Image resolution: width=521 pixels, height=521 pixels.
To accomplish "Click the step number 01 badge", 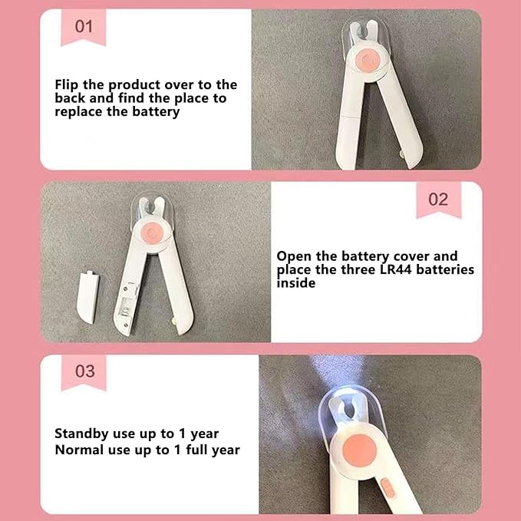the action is [x=84, y=27].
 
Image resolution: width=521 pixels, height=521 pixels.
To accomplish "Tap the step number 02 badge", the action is [x=439, y=199].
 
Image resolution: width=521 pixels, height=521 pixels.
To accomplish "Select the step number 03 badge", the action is [x=84, y=371].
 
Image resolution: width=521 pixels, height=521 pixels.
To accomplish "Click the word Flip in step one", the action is [x=67, y=85].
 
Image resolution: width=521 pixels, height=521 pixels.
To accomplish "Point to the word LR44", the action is [x=395, y=269].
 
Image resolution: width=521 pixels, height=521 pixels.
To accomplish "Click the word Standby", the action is [x=82, y=434].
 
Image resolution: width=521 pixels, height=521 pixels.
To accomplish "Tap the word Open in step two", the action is [x=294, y=256].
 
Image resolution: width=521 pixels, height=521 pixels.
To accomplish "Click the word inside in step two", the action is [x=296, y=283].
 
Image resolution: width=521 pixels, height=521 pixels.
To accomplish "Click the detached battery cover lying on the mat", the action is [x=87, y=298].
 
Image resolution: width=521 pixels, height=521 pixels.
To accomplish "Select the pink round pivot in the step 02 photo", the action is [x=153, y=231].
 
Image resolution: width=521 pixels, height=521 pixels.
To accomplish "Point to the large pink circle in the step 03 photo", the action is [x=360, y=450].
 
